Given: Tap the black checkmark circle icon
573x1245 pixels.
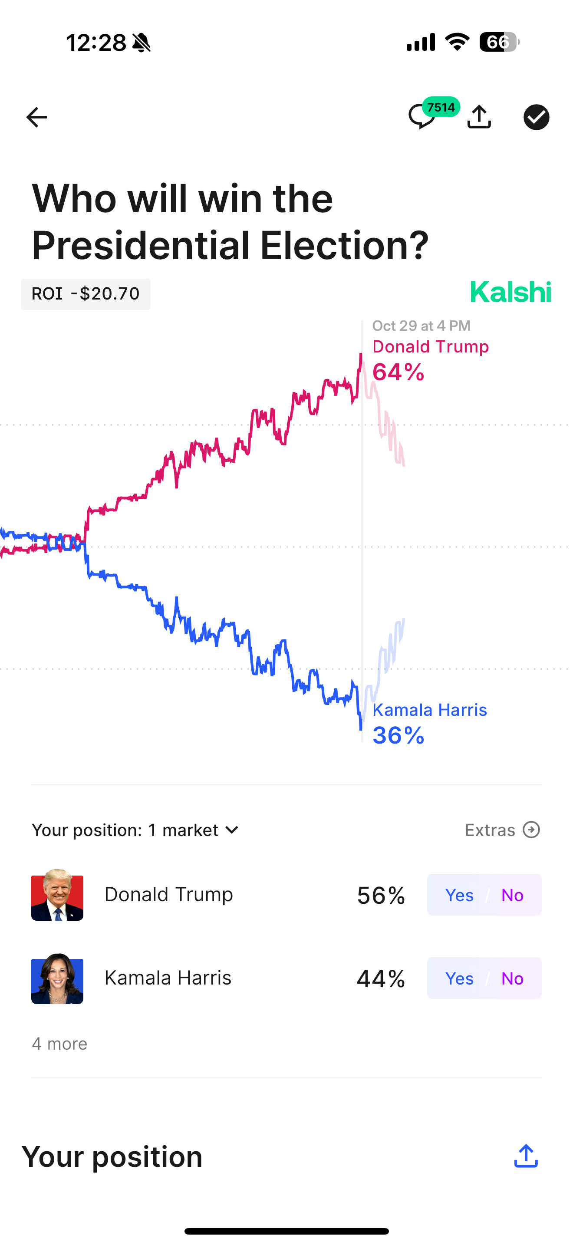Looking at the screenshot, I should [x=536, y=117].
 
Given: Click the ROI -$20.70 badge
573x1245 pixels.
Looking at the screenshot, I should [x=86, y=294].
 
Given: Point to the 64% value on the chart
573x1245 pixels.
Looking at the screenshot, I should [x=398, y=372].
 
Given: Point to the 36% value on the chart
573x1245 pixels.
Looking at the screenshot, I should [x=398, y=735].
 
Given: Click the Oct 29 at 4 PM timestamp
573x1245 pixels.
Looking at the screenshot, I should [x=421, y=326].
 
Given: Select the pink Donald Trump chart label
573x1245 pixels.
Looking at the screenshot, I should [x=430, y=346].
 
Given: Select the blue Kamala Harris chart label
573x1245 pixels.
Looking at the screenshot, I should [x=429, y=709].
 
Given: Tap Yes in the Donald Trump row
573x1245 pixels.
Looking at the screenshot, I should [x=459, y=895].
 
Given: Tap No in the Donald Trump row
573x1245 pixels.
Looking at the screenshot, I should [x=512, y=895].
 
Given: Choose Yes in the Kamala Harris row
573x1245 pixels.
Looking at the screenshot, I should [x=459, y=978].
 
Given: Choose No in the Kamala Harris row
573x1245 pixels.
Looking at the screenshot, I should [x=512, y=978].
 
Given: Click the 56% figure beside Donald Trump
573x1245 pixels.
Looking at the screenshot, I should [x=381, y=895].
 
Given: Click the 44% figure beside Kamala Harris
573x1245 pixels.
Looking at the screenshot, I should [x=381, y=978].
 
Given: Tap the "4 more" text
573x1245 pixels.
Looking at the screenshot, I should [x=59, y=1044].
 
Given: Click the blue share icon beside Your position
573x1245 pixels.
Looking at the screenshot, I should [x=526, y=1156].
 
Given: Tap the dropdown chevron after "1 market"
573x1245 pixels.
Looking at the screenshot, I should [x=232, y=830].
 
